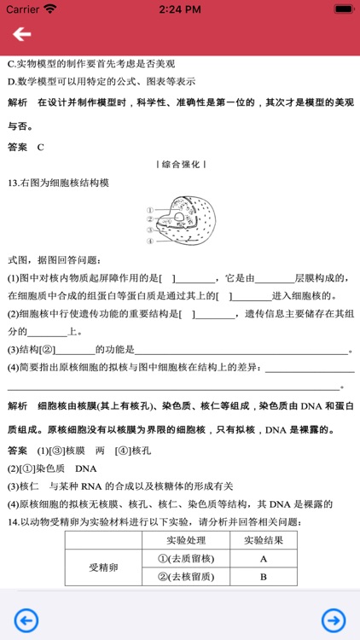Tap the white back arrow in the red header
coord(21,34)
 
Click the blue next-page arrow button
coord(334,620)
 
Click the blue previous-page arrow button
coord(26,620)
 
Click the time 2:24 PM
coord(179,9)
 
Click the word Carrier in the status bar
coord(22,9)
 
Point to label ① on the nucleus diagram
coord(149,210)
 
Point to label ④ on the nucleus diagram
coord(149,241)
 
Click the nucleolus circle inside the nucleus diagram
coord(184,217)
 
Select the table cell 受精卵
coord(107,567)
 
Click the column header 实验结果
coord(264,540)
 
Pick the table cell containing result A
coord(264,558)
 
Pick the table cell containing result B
coord(264,577)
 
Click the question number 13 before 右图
coord(12,183)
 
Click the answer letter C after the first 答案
coord(40,147)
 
